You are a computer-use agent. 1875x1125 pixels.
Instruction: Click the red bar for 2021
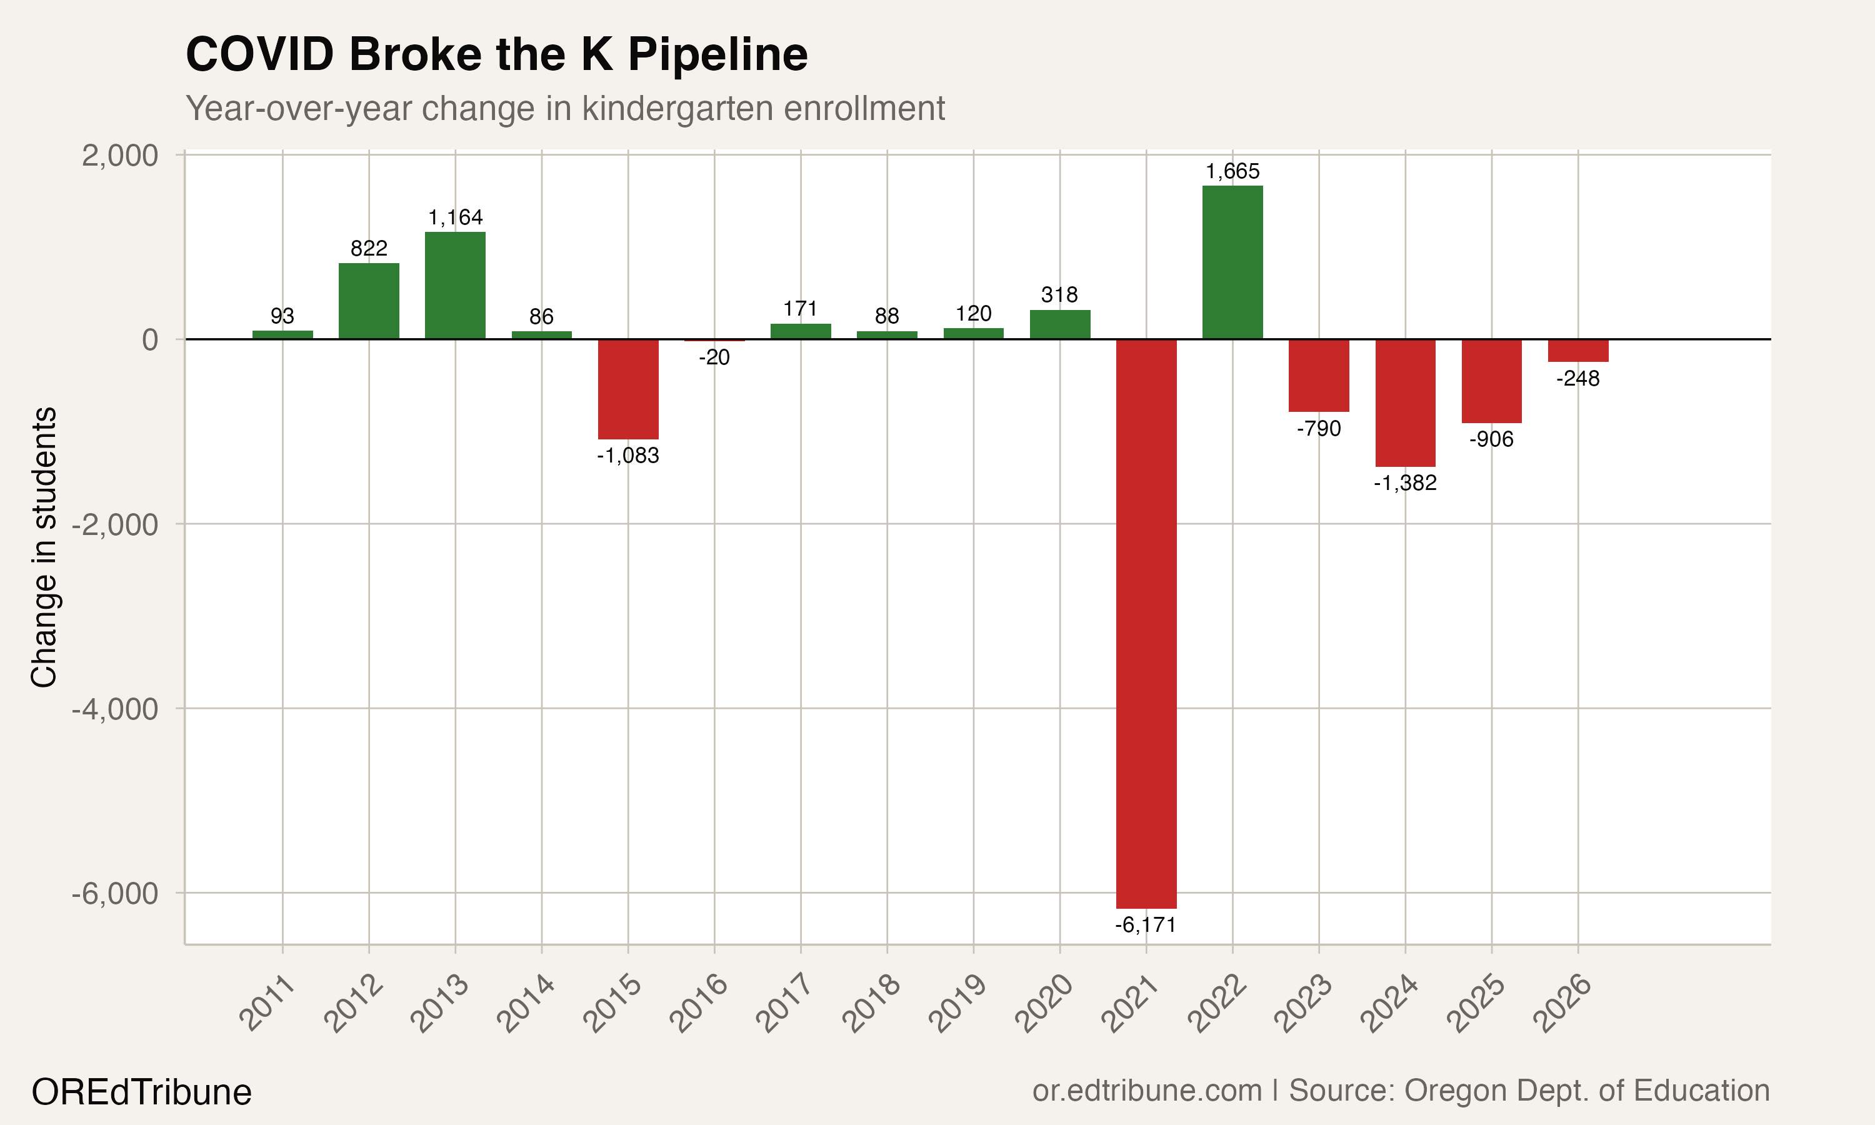pos(1146,623)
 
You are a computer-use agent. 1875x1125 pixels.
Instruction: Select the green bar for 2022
pos(1232,262)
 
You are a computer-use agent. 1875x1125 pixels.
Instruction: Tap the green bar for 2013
pos(455,286)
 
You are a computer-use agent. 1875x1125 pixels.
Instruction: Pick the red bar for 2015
pos(627,389)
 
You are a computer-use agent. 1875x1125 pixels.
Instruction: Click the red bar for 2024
pos(1405,402)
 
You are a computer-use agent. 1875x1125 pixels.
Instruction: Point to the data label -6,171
pos(1145,925)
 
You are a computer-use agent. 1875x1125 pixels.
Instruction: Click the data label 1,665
pos(1232,171)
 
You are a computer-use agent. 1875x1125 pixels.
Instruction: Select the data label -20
pos(714,357)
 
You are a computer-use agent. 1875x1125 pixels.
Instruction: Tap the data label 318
pos(1059,295)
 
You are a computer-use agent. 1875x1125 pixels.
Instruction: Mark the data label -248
pos(1578,378)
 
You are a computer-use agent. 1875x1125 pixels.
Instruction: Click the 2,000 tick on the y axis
pos(120,156)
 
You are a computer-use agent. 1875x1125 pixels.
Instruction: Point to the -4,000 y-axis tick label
pos(114,709)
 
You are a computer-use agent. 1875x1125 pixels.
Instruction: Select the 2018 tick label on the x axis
pos(872,1004)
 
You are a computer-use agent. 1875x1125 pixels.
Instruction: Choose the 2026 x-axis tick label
pos(1562,1004)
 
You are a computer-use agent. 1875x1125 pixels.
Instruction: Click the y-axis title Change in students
pos(44,547)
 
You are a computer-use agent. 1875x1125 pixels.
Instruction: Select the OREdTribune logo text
pos(142,1092)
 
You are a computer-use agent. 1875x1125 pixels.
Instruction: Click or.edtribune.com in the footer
pos(1147,1091)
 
